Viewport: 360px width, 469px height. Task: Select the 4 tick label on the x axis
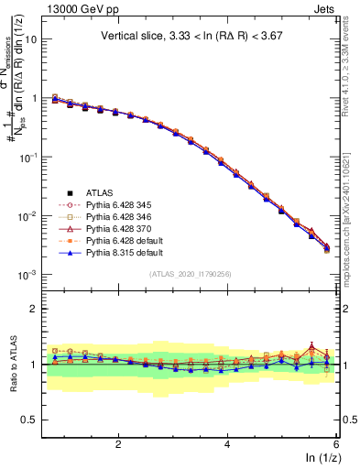click(227, 444)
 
